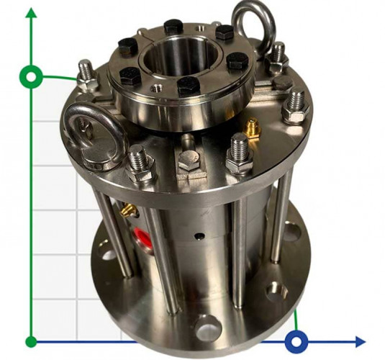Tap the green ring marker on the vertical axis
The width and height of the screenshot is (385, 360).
click(31, 76)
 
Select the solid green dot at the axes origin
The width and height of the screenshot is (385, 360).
click(31, 341)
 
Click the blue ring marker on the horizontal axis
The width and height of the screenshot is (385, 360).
click(296, 341)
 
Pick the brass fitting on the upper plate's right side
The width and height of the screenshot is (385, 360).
click(251, 129)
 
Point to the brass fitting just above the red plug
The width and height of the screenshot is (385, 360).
click(128, 210)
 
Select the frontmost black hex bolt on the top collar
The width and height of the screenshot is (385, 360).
click(188, 86)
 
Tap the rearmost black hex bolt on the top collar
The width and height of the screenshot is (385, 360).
click(173, 27)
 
